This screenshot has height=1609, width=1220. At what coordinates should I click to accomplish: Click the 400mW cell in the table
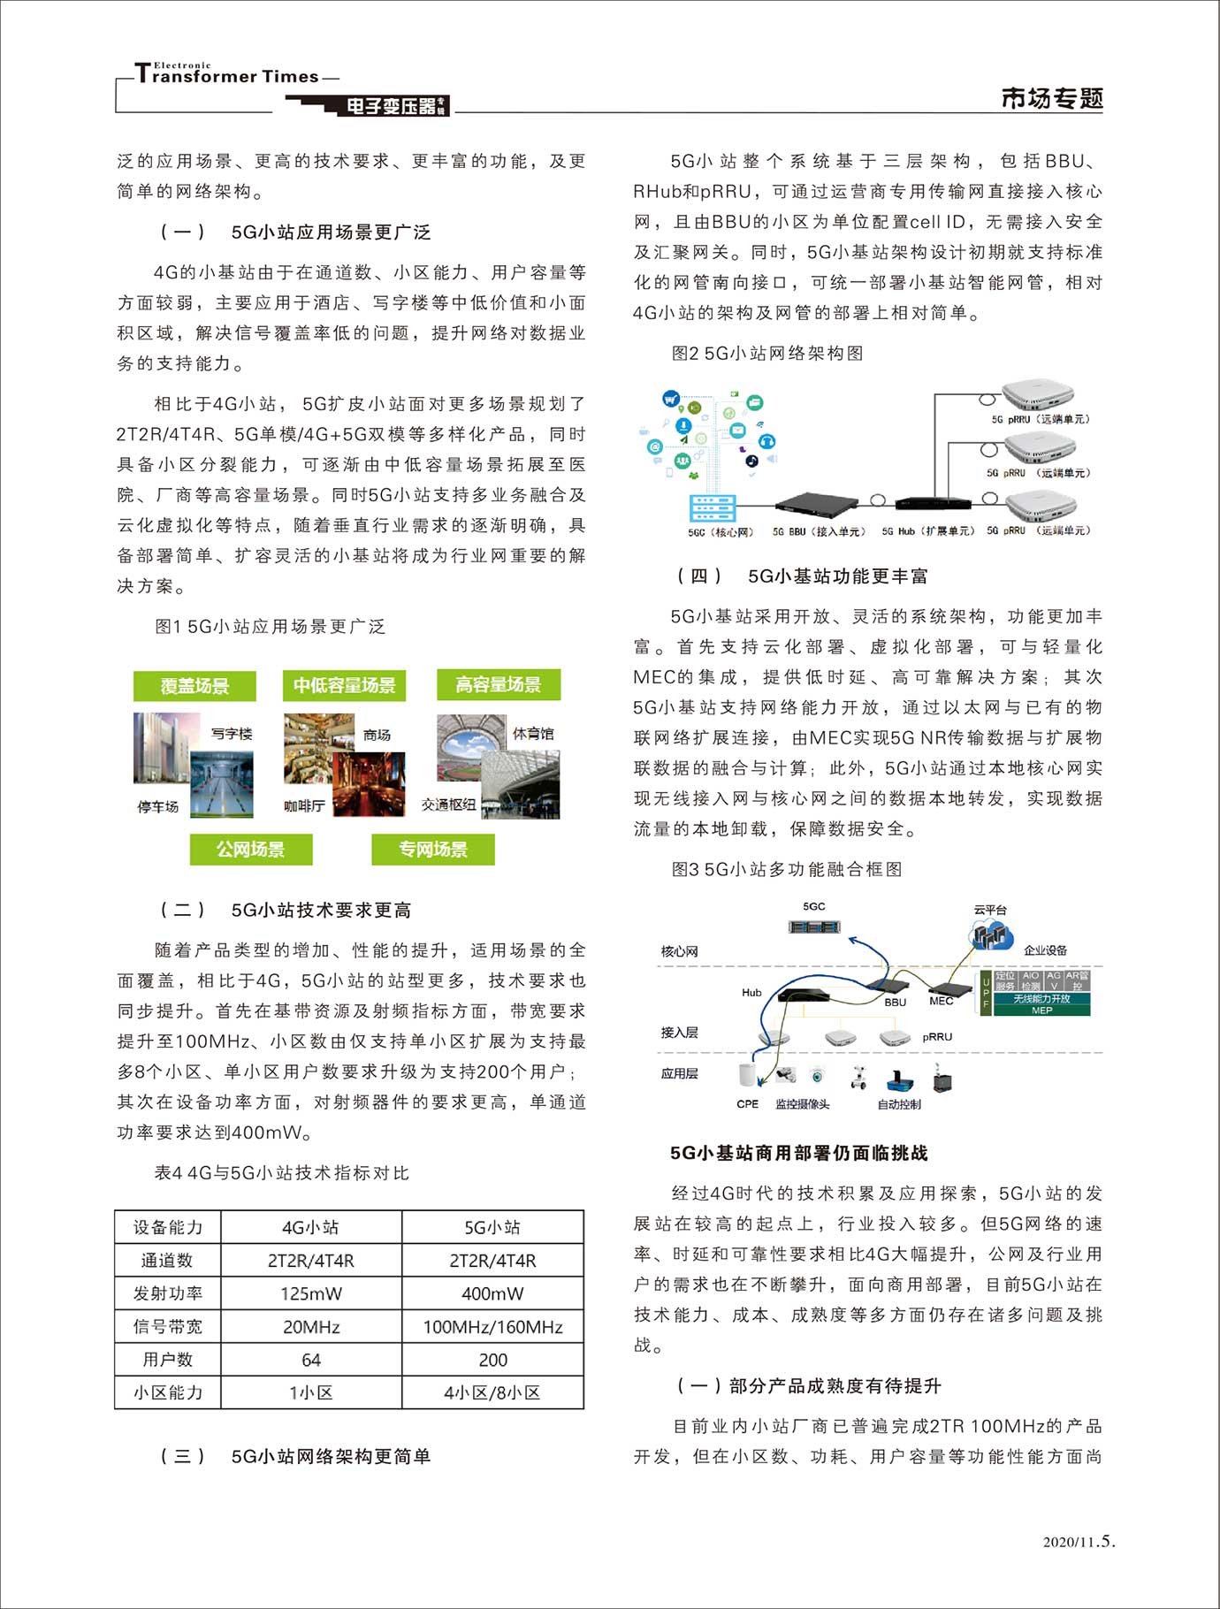(x=492, y=1293)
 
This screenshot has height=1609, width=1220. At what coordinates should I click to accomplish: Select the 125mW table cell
(x=311, y=1293)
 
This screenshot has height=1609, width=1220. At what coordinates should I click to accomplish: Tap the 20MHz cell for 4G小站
(x=311, y=1327)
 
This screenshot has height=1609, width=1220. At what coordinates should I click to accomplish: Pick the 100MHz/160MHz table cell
(x=492, y=1327)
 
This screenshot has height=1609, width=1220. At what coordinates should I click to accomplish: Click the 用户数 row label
(x=167, y=1360)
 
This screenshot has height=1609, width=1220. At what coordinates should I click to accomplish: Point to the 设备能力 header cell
(x=167, y=1227)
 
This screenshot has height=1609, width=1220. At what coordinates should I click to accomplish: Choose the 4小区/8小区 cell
(x=492, y=1392)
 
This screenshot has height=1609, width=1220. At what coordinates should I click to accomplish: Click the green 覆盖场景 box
(x=194, y=686)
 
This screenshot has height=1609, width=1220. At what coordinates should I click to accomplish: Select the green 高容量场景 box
(x=499, y=684)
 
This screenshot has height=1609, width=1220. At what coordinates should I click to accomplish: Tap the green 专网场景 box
(x=433, y=850)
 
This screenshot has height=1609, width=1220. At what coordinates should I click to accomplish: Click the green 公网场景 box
(x=251, y=850)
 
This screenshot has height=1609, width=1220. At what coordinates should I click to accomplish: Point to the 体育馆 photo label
(x=533, y=734)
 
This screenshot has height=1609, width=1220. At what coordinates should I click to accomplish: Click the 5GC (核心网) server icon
(x=713, y=509)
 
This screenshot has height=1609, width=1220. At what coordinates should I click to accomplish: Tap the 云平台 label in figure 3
(x=990, y=909)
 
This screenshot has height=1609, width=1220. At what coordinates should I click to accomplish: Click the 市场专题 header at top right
(x=1052, y=98)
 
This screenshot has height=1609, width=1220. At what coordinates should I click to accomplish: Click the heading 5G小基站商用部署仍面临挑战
(x=798, y=1153)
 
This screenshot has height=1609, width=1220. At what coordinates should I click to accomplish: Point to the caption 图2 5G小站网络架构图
(x=767, y=354)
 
